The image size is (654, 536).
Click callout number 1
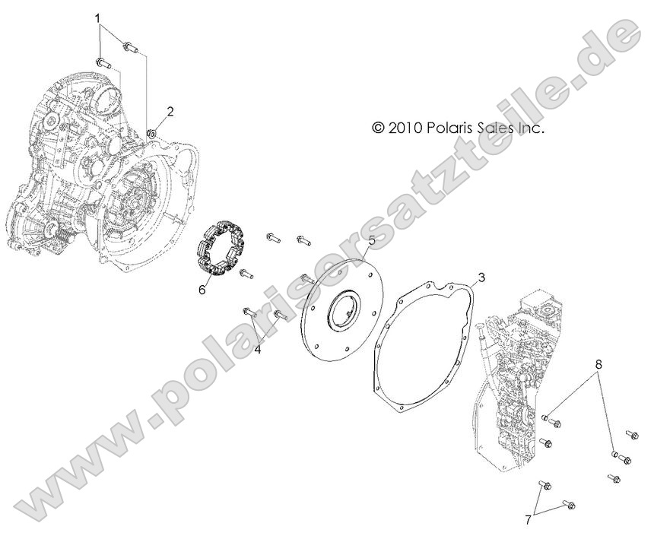(97, 17)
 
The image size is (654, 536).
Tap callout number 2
(170, 111)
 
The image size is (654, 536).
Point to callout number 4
(258, 349)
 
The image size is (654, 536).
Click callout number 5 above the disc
(371, 241)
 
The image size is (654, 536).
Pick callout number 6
(202, 289)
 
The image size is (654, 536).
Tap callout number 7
(528, 519)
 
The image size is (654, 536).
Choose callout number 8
(599, 364)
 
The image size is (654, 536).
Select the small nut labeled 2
(151, 135)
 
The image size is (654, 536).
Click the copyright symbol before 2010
(379, 128)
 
